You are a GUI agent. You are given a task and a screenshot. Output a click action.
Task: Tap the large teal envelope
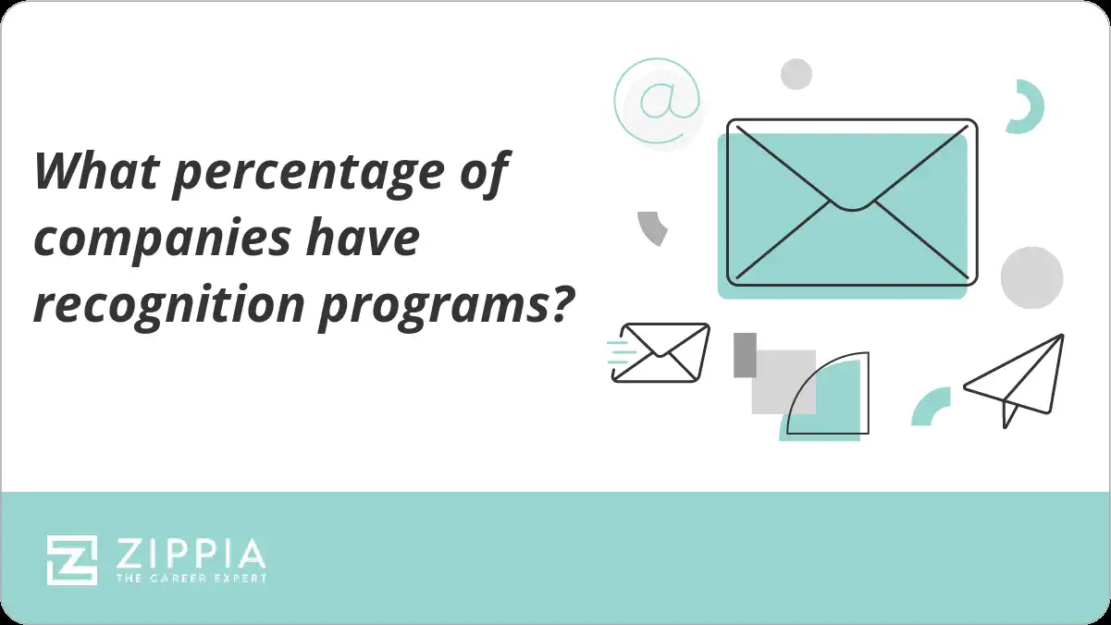(851, 203)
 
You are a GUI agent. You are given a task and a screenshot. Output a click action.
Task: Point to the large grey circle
(1031, 277)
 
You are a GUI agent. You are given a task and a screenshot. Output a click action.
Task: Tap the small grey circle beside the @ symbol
(796, 74)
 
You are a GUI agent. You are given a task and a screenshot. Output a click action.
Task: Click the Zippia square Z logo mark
(71, 559)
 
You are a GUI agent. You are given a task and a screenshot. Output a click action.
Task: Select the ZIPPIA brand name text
(191, 554)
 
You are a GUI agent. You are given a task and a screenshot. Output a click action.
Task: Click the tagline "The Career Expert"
(191, 578)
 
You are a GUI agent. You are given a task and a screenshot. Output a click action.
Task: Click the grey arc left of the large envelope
(652, 227)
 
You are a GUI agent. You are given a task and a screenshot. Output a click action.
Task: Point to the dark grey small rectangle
(745, 355)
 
